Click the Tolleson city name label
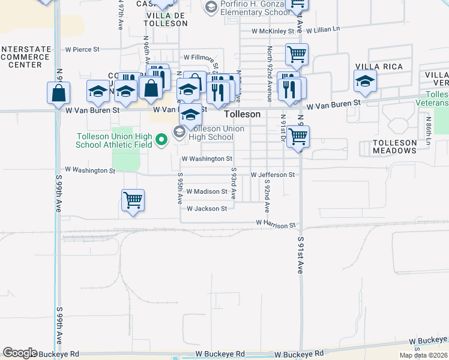pyautogui.click(x=243, y=114)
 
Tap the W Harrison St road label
pyautogui.click(x=276, y=223)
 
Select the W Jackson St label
pyautogui.click(x=206, y=209)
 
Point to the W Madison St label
pyautogui.click(x=206, y=192)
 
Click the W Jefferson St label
pyautogui.click(x=273, y=175)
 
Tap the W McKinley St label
pyautogui.click(x=273, y=30)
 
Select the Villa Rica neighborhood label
pyautogui.click(x=379, y=67)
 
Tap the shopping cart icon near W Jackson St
pyautogui.click(x=133, y=200)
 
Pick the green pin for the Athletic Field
pyautogui.click(x=161, y=140)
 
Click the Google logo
pyautogui.click(x=20, y=353)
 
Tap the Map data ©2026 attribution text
pyautogui.click(x=424, y=355)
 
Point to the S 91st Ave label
pyautogui.click(x=301, y=254)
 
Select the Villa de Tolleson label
pyautogui.click(x=166, y=19)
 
